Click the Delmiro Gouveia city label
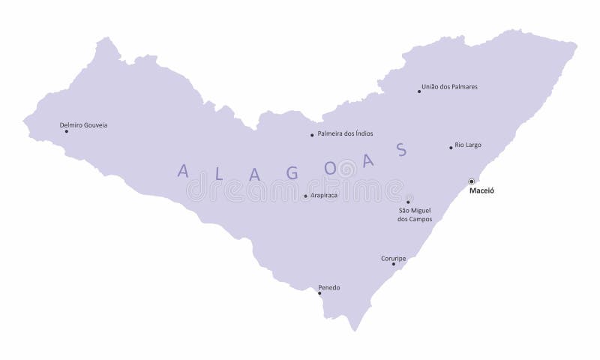pos(83,124)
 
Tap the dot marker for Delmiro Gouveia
pos(66,131)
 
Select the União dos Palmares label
pos(450,87)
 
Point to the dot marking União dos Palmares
pos(419,91)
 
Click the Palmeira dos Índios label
pos(345,133)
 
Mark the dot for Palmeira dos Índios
pos(312,135)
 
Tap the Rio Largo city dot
pos(451,148)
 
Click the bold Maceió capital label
pos(481,191)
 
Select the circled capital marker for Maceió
pos(471,181)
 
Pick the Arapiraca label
pos(323,195)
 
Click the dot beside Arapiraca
pos(305,196)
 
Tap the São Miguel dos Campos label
pos(415,214)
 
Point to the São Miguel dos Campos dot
pos(408,202)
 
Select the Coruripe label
pos(393,257)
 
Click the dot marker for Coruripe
pos(394,264)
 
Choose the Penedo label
pos(328,286)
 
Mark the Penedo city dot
pos(319,293)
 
